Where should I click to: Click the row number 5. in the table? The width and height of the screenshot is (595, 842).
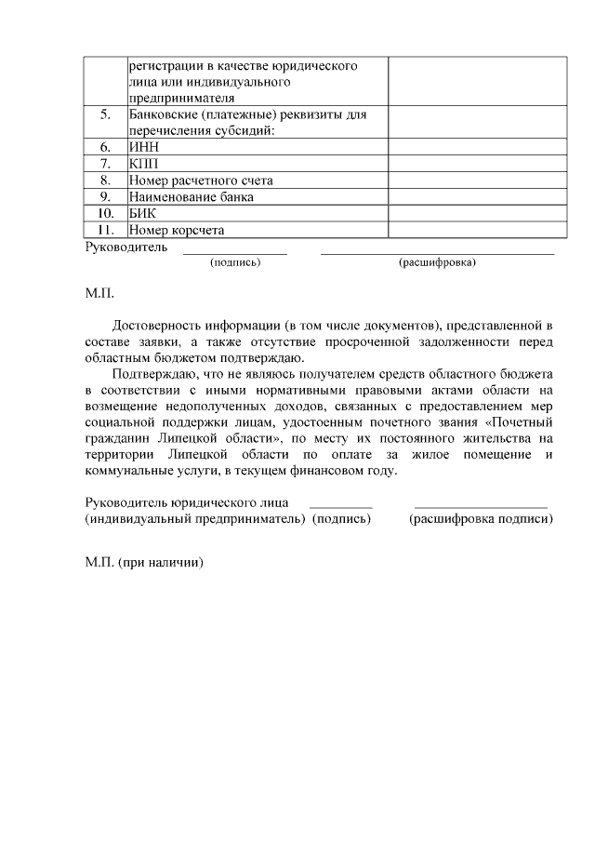coord(105,115)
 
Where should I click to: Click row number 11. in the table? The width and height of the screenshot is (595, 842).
coord(105,230)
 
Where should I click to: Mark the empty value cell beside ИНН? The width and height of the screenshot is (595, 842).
coord(477,147)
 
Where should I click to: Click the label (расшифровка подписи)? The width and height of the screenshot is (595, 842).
coord(481,519)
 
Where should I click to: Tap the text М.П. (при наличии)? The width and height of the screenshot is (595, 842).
coord(144,563)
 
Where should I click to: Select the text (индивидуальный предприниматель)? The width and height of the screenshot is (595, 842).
coord(195,519)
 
